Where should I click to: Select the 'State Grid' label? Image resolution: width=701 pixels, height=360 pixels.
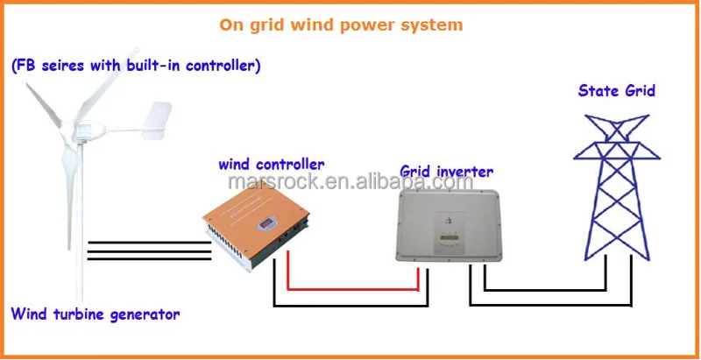pos(615,89)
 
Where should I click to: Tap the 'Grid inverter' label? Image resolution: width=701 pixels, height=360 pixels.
pos(446,171)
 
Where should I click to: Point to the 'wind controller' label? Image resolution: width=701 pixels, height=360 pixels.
pos(272,164)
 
